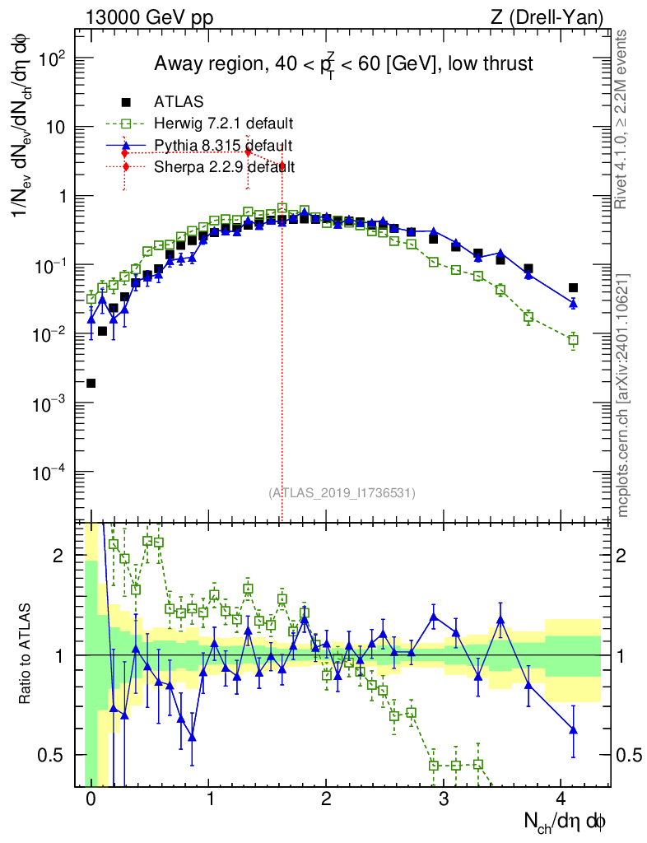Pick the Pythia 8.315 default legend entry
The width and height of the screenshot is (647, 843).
pos(223,145)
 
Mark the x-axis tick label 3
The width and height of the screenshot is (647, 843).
pos(445,799)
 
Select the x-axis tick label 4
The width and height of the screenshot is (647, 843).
pos(561,799)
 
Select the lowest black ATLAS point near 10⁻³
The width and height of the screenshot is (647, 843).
pos(91,383)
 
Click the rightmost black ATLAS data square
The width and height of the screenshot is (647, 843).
pos(573,288)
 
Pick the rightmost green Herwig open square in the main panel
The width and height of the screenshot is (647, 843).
pos(573,340)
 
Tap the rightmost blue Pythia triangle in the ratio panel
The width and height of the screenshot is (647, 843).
pos(573,729)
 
